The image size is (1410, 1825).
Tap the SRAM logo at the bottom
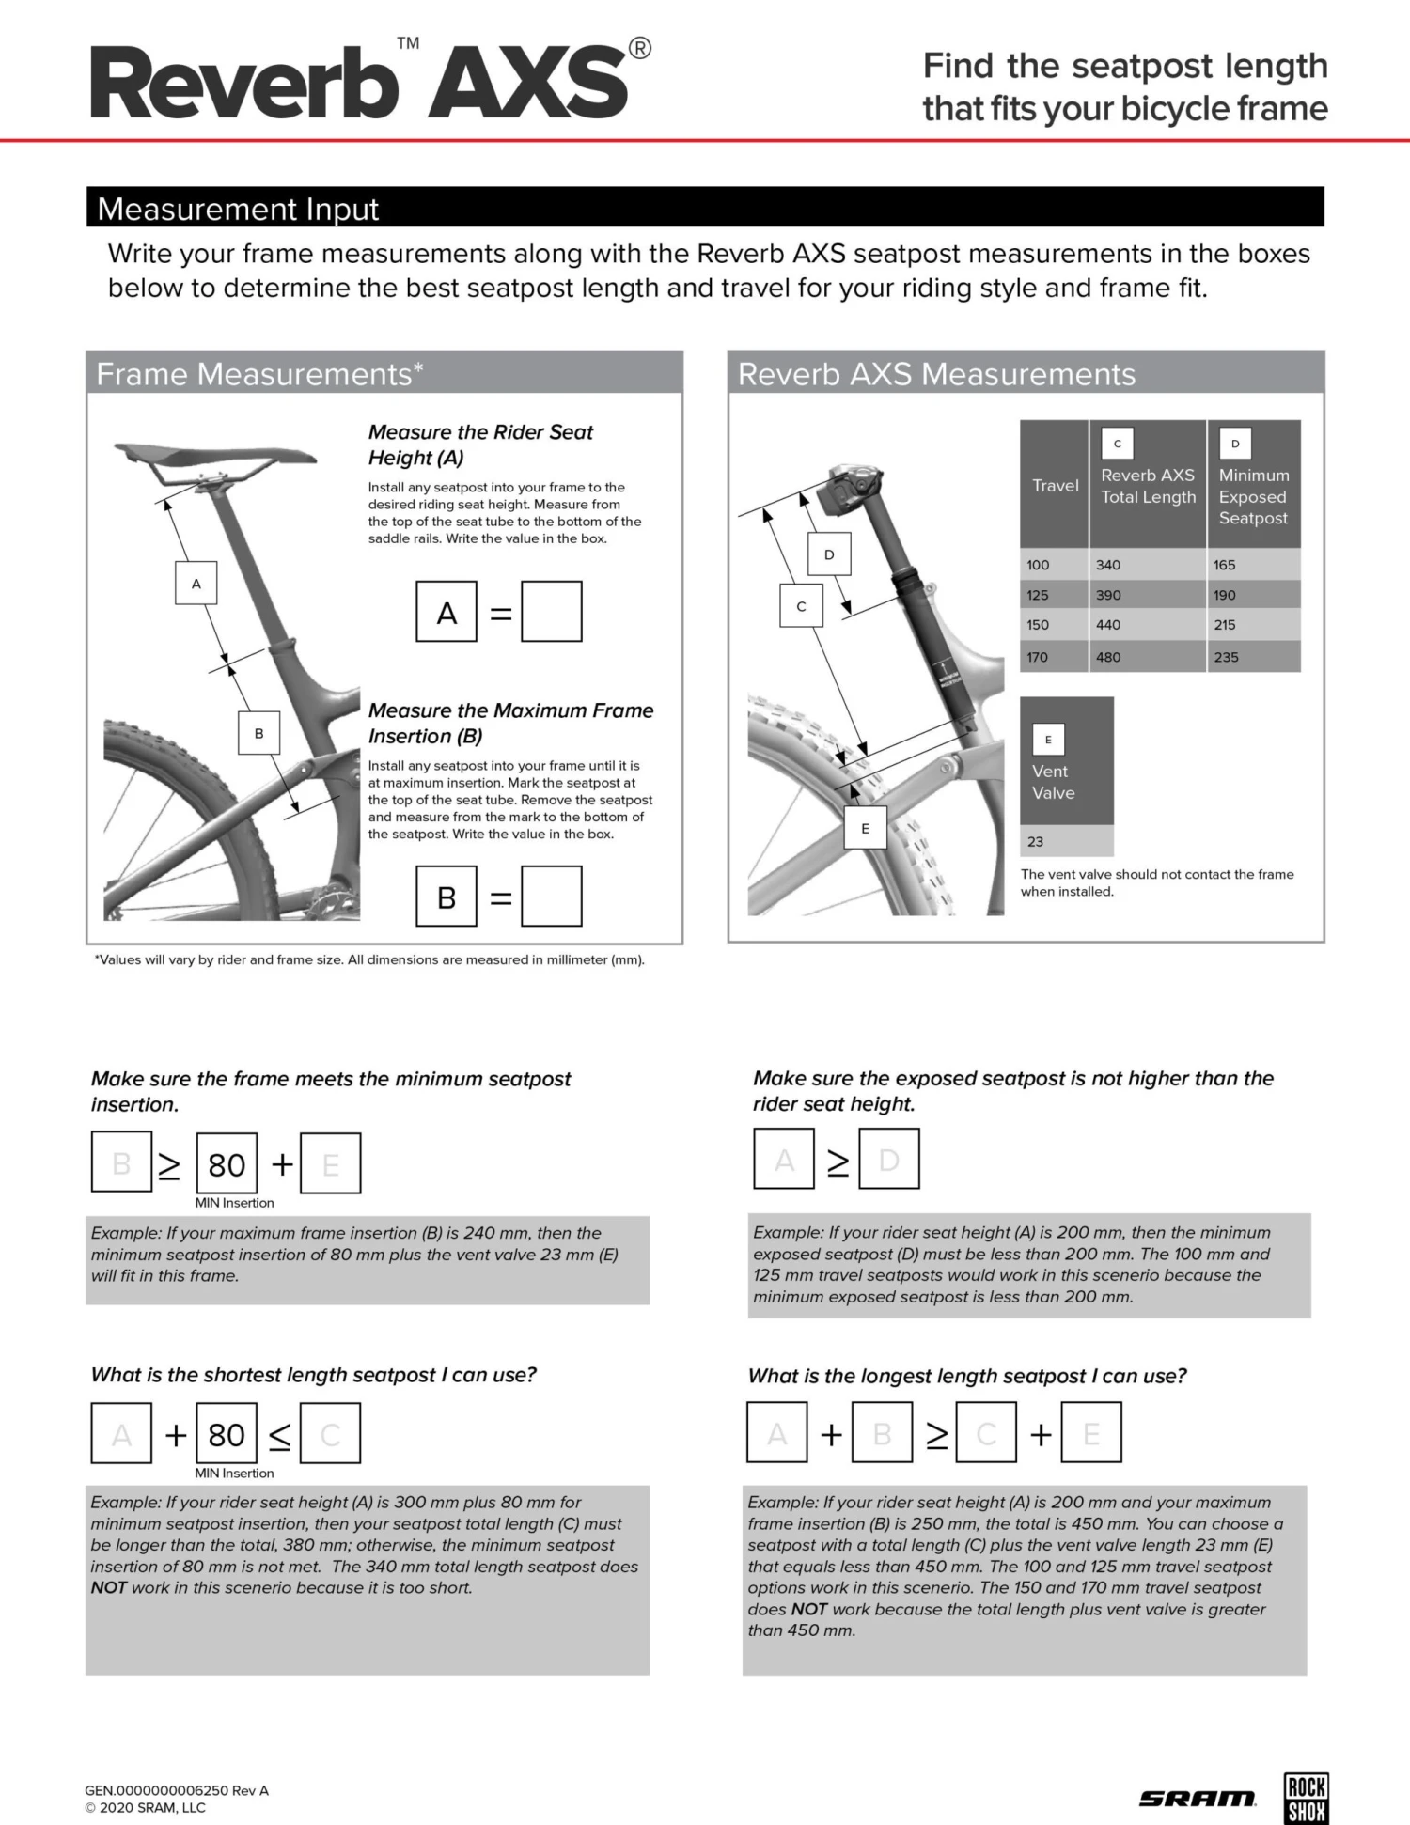point(1198,1799)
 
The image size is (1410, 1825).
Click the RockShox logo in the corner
point(1307,1799)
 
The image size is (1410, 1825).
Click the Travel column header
point(1055,485)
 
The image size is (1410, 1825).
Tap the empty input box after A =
point(552,612)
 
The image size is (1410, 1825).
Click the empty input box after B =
point(552,897)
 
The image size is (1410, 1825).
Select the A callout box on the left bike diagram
point(196,584)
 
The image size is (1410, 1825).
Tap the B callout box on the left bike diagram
point(259,733)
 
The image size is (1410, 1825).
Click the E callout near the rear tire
point(866,828)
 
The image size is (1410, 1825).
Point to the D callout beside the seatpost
point(829,554)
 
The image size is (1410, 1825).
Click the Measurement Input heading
point(238,209)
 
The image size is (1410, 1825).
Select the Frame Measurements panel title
point(259,374)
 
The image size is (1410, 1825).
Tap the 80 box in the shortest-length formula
point(227,1434)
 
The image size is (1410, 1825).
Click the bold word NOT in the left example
point(109,1587)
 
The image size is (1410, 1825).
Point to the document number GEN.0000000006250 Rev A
point(177,1790)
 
